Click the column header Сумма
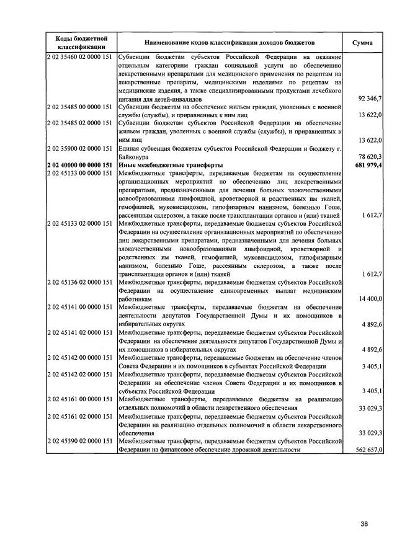[x=362, y=43]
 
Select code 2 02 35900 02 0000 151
[x=79, y=149]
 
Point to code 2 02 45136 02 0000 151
[x=79, y=282]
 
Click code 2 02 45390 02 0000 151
[x=79, y=441]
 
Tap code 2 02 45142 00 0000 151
[x=79, y=357]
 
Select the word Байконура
[x=135, y=158]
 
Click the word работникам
[x=135, y=299]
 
